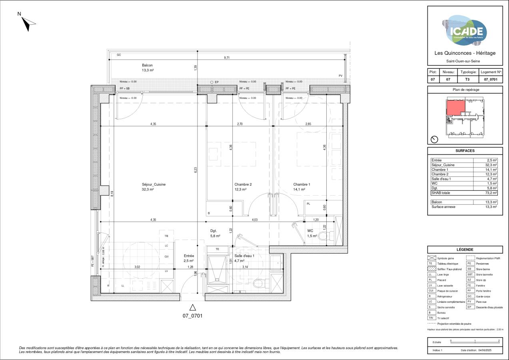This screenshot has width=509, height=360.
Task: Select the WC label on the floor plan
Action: click(310, 231)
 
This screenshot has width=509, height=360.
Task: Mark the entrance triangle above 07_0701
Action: click(193, 308)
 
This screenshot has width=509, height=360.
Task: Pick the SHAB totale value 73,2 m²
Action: click(491, 193)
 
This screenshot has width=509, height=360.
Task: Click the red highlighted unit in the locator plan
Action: click(455, 108)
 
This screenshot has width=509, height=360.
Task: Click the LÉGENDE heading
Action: click(465, 249)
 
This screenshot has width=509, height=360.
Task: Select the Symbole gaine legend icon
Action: click(431, 258)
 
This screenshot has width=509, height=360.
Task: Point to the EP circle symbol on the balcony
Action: click(212, 82)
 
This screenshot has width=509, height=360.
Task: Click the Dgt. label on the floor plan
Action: click(214, 231)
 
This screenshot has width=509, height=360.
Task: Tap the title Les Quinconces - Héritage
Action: click(465, 53)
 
